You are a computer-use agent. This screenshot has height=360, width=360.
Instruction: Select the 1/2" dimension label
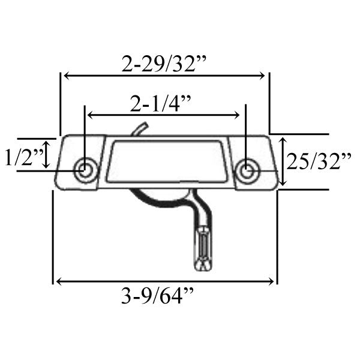[x=23, y=158]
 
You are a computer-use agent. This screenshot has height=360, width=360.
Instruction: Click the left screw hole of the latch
[x=85, y=170]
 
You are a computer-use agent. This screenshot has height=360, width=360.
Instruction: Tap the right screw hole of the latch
[x=245, y=170]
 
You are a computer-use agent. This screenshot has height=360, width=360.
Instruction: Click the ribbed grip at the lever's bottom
[x=202, y=248]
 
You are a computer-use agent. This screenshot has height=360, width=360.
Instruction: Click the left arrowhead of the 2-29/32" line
[x=65, y=76]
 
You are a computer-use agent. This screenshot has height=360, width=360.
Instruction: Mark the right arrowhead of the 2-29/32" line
[x=262, y=76]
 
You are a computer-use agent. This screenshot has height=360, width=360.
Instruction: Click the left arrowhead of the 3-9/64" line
[x=57, y=281]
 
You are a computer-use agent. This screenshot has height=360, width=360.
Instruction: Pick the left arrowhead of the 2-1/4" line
[x=91, y=114]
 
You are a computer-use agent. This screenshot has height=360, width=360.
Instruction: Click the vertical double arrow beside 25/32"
[x=281, y=161]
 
